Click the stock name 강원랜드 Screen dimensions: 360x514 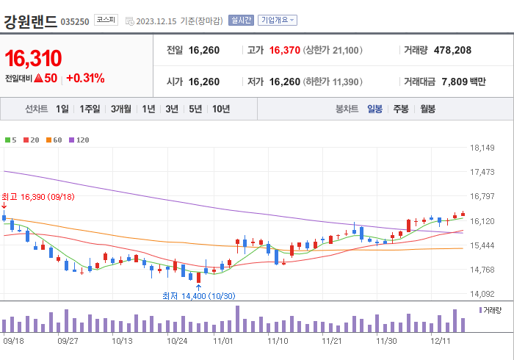click(30, 21)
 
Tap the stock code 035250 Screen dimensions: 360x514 click(75, 22)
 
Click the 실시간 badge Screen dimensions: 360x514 click(241, 21)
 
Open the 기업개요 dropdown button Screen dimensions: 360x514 click(278, 21)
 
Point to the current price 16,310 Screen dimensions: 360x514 click(33, 58)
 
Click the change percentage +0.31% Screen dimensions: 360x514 click(85, 78)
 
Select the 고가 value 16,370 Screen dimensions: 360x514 click(285, 51)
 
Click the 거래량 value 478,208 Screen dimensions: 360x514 click(448, 51)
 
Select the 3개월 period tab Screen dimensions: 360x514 click(121, 109)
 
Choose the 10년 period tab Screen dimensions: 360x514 click(221, 109)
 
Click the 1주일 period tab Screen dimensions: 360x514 click(90, 109)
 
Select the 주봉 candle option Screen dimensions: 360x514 click(400, 109)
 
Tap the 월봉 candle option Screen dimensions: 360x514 click(427, 109)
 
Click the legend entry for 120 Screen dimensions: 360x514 click(79, 140)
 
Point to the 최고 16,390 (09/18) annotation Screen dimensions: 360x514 click(37, 197)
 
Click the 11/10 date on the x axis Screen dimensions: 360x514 click(278, 341)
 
